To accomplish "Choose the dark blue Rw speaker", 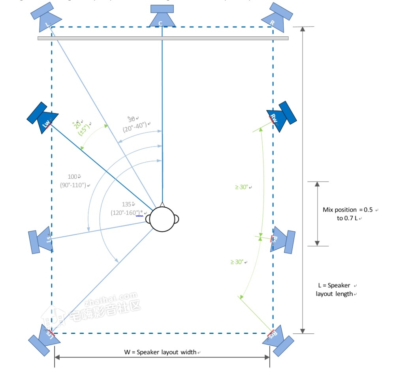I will [281, 117].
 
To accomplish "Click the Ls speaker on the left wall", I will [41, 240].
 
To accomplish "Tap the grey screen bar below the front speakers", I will [163, 38].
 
